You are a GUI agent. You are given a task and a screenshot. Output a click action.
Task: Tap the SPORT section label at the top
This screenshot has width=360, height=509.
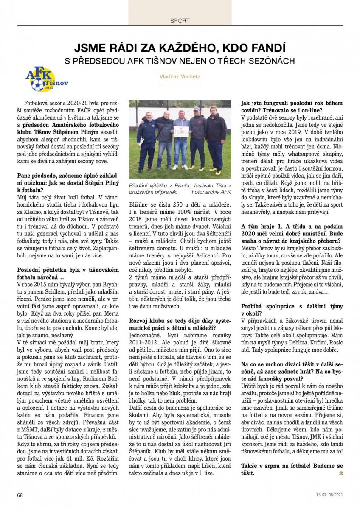click(180, 20)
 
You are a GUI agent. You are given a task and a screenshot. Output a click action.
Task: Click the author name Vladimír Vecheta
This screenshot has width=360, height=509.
click(180, 76)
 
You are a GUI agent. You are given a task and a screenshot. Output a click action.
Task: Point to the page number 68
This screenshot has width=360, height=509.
click(20, 495)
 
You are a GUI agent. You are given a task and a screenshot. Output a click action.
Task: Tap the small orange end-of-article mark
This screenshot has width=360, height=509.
click(340, 473)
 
